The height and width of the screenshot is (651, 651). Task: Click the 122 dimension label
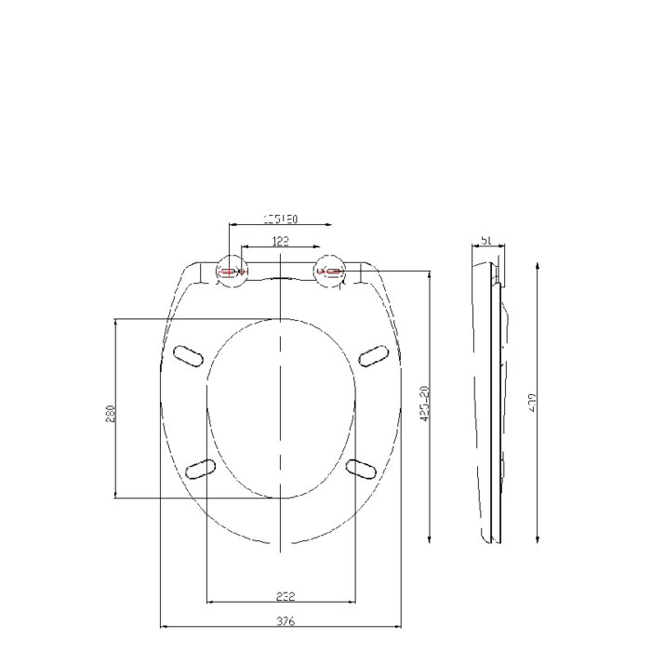(280, 241)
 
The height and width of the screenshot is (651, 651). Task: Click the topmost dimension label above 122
(279, 219)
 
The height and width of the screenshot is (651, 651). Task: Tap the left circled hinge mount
(229, 271)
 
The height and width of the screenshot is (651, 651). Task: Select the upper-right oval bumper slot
(372, 354)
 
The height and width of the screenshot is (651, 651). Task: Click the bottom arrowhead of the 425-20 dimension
(429, 545)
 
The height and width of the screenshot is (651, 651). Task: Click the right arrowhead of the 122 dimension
(320, 247)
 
